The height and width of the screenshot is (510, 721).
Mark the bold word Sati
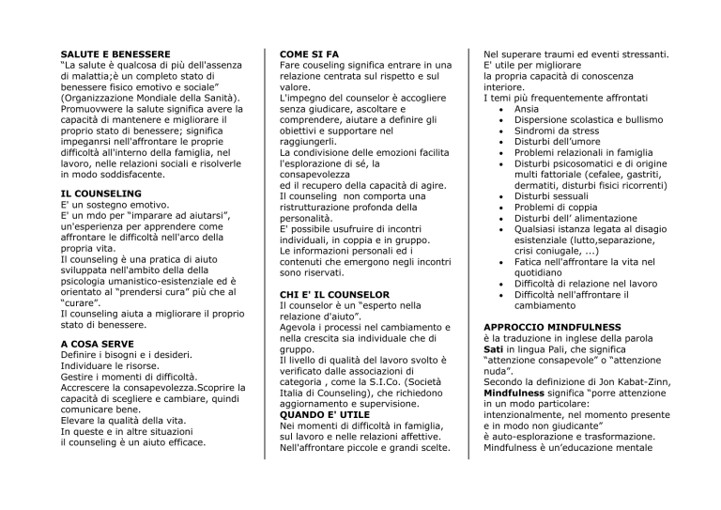coord(494,351)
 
